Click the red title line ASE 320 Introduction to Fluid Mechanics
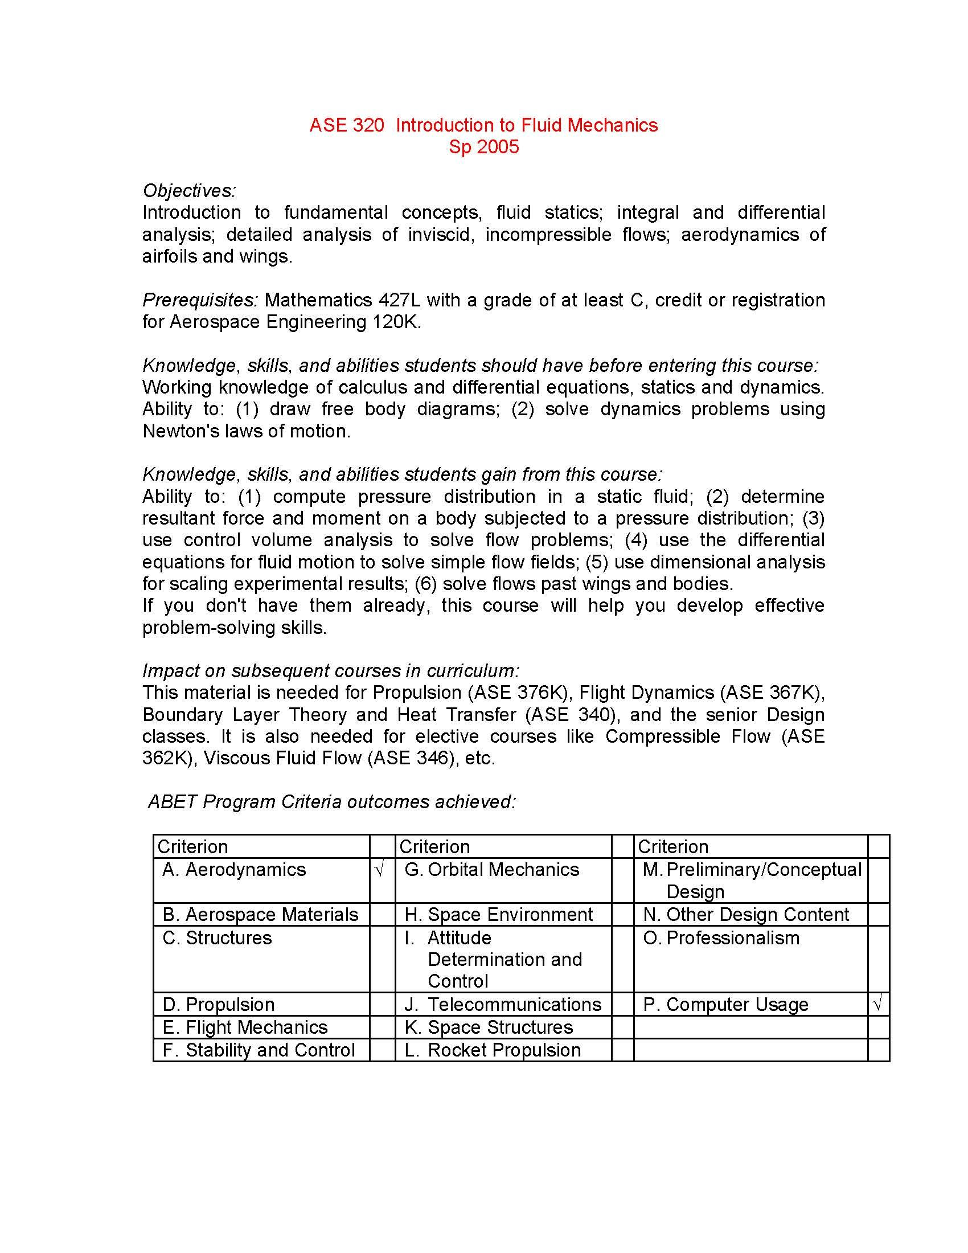coord(483,125)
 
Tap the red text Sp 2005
coord(483,147)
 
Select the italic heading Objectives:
coord(188,190)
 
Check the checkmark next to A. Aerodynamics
coord(379,870)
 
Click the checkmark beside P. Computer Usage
coord(877,1005)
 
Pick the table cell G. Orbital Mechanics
coord(492,870)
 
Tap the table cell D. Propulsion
coord(219,1005)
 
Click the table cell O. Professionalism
coord(721,938)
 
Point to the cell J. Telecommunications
coord(503,1005)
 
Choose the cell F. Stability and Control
coord(259,1050)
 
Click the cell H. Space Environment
coord(499,915)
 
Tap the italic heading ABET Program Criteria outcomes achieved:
coord(332,801)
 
